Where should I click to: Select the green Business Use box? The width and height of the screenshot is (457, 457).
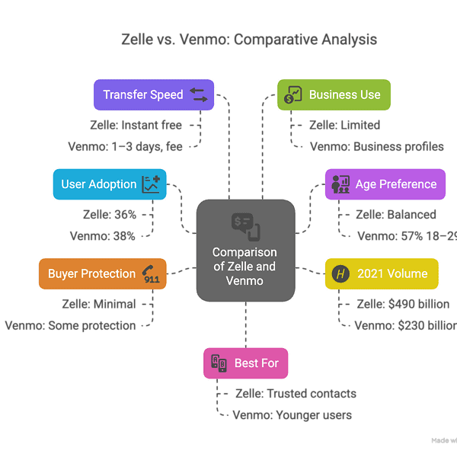(x=333, y=95)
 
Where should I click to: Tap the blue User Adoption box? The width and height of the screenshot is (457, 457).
(x=110, y=184)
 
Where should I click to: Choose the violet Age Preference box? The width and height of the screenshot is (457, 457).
(x=385, y=184)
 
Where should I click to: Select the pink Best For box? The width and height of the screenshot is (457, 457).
(x=246, y=363)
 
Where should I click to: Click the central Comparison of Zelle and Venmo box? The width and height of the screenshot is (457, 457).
(x=245, y=250)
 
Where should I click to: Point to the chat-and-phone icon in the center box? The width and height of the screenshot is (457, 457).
(x=245, y=225)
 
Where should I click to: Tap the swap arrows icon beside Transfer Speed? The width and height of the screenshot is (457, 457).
(x=198, y=95)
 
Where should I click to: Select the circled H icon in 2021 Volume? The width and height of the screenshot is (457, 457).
(x=340, y=274)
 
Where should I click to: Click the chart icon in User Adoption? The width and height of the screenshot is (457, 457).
(x=151, y=184)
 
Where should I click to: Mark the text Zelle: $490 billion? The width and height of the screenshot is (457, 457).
(x=403, y=304)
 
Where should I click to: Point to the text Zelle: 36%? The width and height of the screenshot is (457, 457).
(x=110, y=215)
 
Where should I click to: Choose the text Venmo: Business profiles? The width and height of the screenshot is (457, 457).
(x=376, y=146)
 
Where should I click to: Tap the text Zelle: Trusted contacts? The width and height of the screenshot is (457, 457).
(x=295, y=394)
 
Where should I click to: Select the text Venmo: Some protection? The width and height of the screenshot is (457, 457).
(x=70, y=325)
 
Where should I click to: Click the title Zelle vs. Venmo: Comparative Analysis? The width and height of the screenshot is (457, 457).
(x=249, y=39)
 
